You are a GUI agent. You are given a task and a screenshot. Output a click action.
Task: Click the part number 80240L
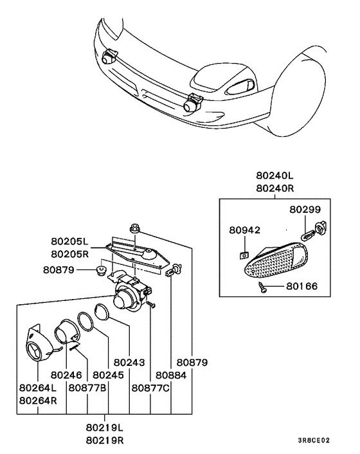point(274,175)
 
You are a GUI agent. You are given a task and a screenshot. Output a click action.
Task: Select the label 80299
point(304,210)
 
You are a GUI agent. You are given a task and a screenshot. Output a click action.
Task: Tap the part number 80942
point(245,229)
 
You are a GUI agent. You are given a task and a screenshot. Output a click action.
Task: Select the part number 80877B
point(87,388)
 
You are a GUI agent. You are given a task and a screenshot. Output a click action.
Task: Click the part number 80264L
point(38,388)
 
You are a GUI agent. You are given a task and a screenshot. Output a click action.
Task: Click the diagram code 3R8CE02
point(313,441)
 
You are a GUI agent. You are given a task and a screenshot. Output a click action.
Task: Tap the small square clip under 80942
point(244,254)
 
